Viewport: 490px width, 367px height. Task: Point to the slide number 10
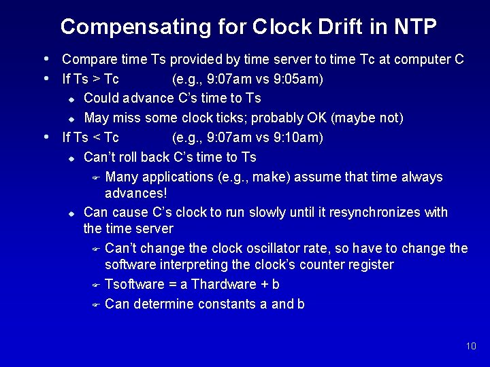471,347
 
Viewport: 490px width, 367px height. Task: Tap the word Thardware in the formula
225,284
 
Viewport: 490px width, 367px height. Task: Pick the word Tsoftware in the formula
135,284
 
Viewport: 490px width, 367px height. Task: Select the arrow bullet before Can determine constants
96,304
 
